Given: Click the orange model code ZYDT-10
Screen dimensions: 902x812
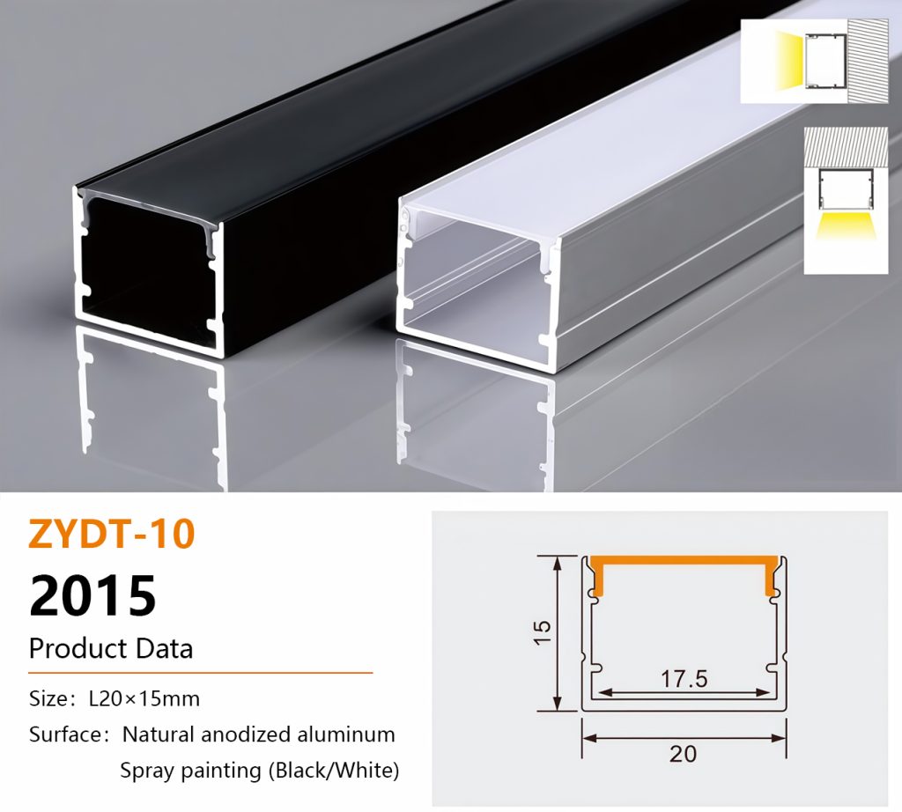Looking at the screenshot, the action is pos(112,534).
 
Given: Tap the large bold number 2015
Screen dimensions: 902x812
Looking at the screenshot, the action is pos(92,595).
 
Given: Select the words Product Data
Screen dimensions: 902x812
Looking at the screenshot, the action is pos(111,649).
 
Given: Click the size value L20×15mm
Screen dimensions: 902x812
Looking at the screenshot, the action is pos(144,698).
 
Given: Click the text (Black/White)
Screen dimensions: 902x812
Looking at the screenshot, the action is pos(334,770).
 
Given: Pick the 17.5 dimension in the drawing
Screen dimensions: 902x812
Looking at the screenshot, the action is pos(684,679).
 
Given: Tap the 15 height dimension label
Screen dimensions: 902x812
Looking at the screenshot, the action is pos(543,632).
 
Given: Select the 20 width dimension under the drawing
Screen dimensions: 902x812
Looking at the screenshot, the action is pos(684,753).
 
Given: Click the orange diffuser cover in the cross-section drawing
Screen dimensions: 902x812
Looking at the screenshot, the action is pos(684,561).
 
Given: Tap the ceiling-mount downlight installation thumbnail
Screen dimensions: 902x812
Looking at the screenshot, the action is pos(847,200).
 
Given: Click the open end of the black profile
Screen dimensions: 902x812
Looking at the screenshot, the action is pos(148,270).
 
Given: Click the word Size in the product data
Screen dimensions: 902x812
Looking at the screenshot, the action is pos(48,698).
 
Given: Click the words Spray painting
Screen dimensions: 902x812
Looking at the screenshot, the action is pos(190,770).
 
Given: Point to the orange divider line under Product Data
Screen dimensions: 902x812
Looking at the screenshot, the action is pos(201,672).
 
